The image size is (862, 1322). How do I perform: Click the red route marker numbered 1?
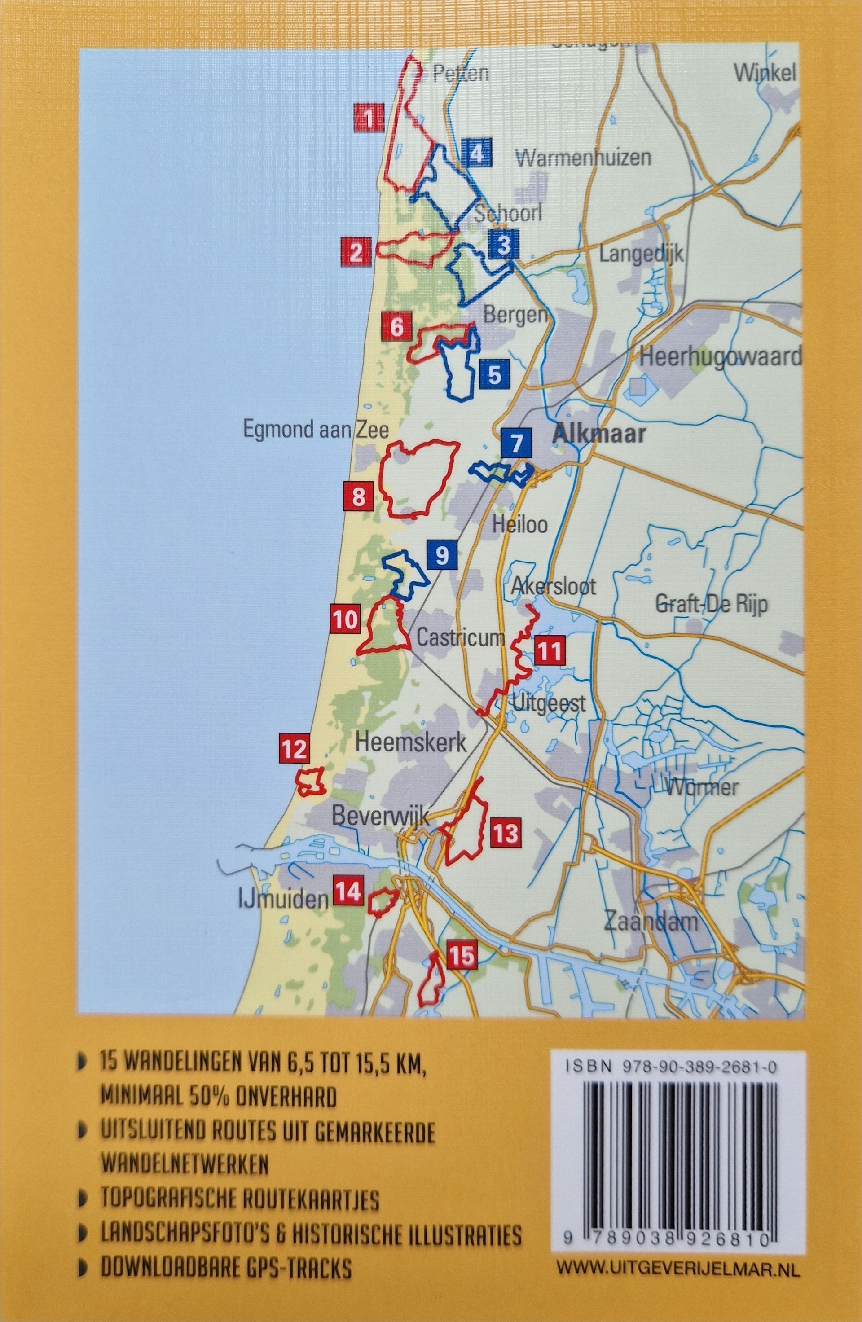[x=369, y=118]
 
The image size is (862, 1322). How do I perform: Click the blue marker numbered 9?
[x=442, y=555]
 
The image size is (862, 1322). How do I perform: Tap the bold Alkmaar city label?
[x=599, y=434]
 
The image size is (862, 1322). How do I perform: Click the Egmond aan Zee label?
[x=314, y=430]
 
